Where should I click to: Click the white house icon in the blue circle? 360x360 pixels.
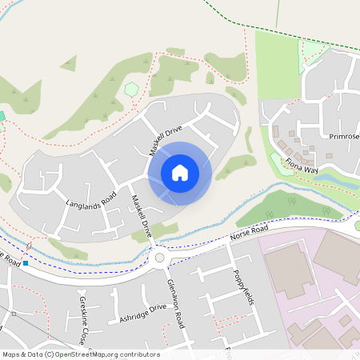tap(180, 172)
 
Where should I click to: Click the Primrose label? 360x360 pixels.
tap(344, 136)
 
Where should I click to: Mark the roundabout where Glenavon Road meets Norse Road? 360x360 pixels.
tap(159, 258)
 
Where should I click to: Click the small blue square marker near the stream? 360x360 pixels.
tap(26, 262)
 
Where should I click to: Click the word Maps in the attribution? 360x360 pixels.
tap(12, 354)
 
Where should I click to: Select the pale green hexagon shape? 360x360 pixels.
tap(131, 89)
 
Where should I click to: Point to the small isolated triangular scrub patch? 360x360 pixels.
tap(68, 62)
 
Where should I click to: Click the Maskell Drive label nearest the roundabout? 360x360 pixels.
tap(141, 217)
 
